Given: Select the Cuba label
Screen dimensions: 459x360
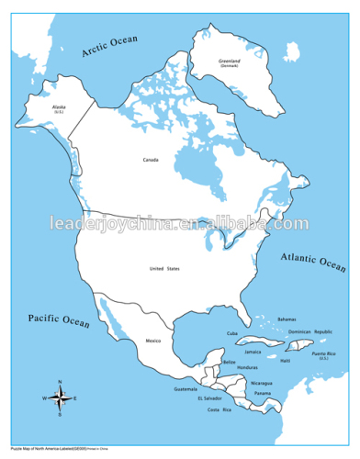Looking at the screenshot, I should [x=232, y=333].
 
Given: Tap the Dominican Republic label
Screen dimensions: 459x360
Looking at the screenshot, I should [x=309, y=331].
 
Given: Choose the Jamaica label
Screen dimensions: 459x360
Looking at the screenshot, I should [x=253, y=352].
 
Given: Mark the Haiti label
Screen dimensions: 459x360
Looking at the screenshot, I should [x=286, y=360].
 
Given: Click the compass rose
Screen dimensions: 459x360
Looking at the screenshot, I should [x=60, y=397].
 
